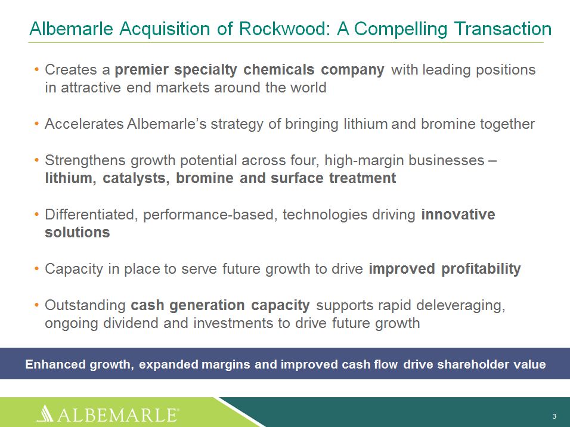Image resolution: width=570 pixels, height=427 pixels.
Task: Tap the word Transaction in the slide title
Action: [x=503, y=29]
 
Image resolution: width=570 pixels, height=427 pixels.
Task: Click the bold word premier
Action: [x=141, y=70]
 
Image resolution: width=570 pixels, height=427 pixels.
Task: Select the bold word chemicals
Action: [x=279, y=69]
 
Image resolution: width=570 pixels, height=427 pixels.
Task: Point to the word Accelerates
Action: [x=84, y=123]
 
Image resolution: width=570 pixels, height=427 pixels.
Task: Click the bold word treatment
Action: [x=363, y=178]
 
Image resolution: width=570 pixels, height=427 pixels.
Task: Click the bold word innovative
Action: [x=458, y=214]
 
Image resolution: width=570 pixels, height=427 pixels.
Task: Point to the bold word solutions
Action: [x=78, y=232]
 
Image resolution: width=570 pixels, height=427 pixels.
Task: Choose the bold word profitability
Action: [x=481, y=269]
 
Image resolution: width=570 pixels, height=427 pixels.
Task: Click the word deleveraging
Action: [x=460, y=305]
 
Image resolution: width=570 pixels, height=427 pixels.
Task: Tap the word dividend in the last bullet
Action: [x=130, y=323]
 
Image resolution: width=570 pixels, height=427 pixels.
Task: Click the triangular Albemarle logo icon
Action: [x=45, y=413]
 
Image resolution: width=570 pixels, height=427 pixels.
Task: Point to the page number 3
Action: [x=554, y=416]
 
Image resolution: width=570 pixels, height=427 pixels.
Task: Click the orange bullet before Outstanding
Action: [x=36, y=305]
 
